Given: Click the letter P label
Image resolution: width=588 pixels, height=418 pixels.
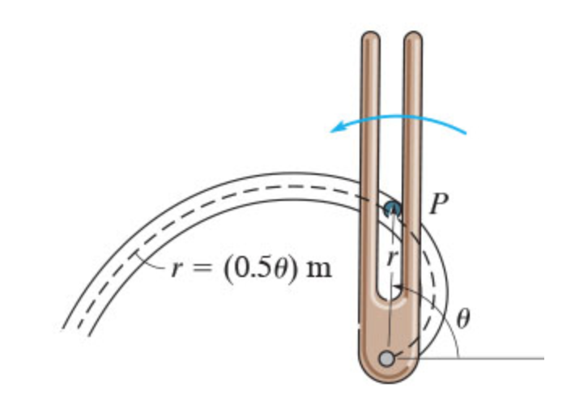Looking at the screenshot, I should pos(438,204).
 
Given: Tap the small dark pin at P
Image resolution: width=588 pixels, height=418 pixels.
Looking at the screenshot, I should pos(392,209).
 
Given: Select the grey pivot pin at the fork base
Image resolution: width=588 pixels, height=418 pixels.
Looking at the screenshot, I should pos(390,357).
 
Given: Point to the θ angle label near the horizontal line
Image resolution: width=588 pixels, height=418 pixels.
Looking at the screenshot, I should pos(462,318).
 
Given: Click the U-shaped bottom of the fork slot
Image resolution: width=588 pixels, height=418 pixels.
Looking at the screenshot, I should pos(392,301).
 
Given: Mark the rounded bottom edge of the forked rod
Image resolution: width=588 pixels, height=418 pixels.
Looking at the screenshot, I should pos(390,381).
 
